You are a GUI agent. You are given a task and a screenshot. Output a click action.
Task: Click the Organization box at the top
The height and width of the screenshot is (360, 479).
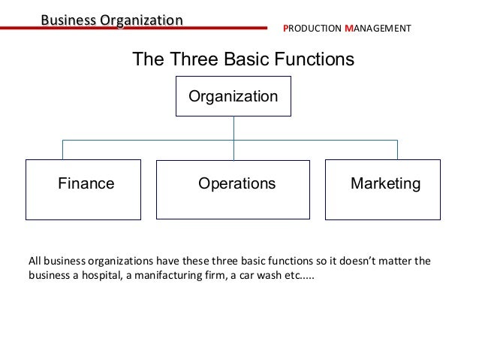pos(233,96)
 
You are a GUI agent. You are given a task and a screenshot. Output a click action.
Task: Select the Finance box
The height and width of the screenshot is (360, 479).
pos(83,189)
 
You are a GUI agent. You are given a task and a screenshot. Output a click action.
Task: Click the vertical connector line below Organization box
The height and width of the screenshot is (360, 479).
pos(233,128)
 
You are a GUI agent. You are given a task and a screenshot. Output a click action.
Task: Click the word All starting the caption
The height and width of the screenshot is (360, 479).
pos(35,262)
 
